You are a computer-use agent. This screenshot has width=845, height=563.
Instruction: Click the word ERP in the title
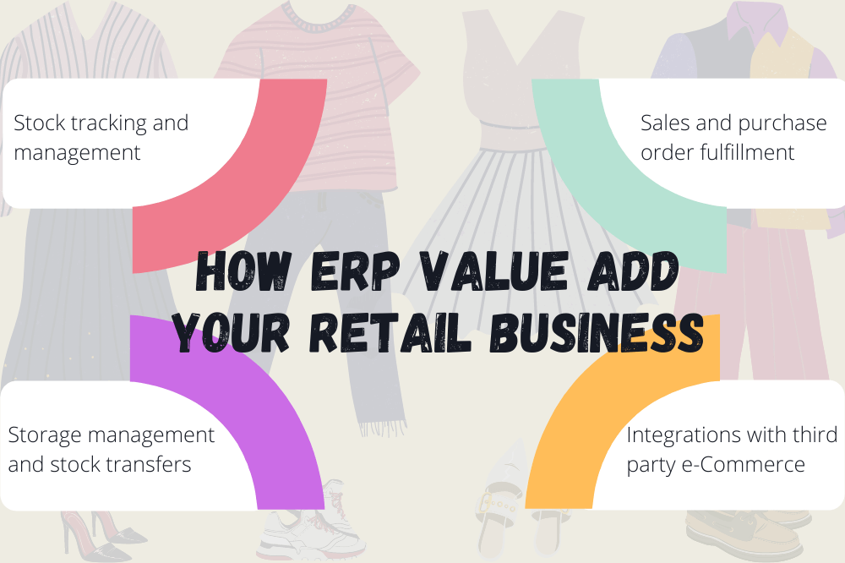356,271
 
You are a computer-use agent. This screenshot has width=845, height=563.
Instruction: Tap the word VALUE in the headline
493,271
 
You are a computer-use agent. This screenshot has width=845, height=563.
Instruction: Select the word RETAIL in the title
390,333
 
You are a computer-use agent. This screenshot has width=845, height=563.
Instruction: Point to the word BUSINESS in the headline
597,333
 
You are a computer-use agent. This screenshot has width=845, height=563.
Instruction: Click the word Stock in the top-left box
39,123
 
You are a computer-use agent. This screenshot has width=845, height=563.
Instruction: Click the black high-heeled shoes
101,535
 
